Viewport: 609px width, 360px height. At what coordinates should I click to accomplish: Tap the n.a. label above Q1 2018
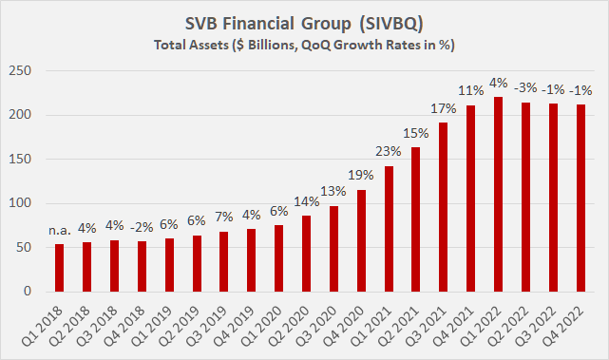pos(60,228)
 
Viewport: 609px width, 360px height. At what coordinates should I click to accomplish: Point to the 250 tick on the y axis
pos(24,71)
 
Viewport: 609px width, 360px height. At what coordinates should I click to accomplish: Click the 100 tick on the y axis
pos(24,203)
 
